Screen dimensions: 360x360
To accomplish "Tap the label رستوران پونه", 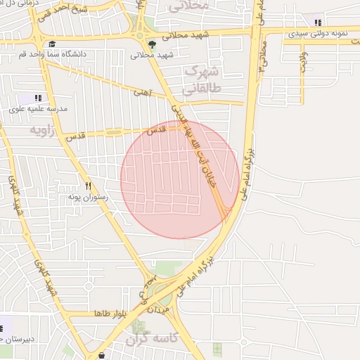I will tap(87, 198).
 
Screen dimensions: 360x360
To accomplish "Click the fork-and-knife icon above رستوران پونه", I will tap(88, 186).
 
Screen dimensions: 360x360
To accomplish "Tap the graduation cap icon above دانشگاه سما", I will tap(52, 44).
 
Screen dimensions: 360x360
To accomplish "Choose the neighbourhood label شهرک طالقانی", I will tap(201, 80).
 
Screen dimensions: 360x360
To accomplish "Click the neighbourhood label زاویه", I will tap(41, 131).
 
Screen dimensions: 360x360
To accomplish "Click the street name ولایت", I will tap(303, 60).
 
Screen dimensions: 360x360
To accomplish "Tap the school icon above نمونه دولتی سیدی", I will tap(318, 22).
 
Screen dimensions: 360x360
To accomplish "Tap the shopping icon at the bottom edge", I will tap(103, 356).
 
